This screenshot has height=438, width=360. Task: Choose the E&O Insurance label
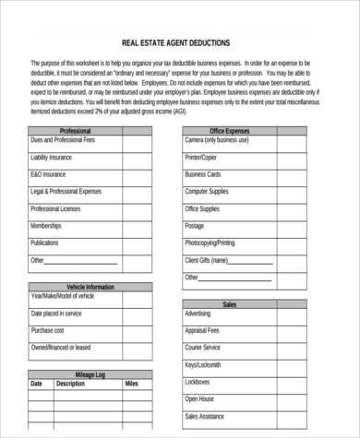coord(48,174)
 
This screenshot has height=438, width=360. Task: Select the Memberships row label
coord(46,226)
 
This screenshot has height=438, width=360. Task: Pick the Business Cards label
coord(203,174)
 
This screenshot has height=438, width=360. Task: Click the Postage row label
coord(194,226)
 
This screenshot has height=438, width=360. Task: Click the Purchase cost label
coord(47,330)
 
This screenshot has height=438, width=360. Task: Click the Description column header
coord(70,383)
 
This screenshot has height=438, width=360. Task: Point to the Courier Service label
coord(202,348)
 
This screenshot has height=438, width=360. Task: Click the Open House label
coord(199,399)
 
